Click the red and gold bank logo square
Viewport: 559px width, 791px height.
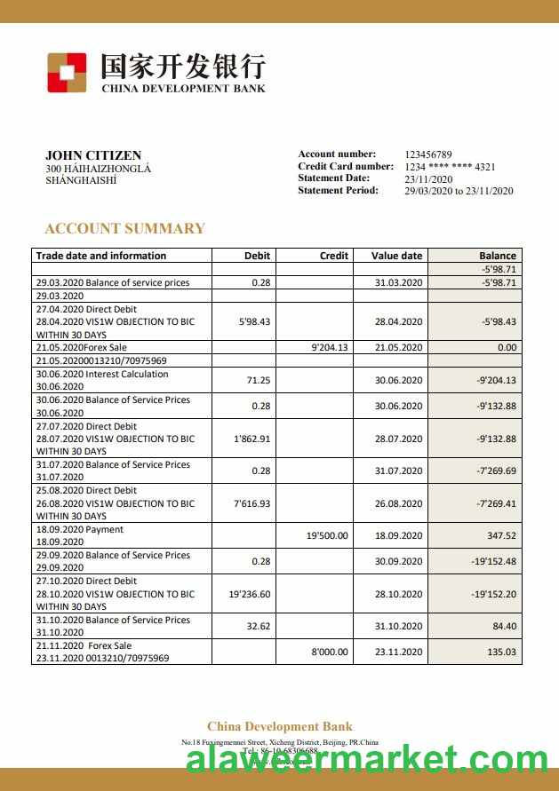(x=67, y=72)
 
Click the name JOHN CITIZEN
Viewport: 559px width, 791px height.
(x=93, y=155)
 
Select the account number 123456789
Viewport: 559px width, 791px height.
(x=428, y=154)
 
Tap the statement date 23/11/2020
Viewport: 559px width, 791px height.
(x=428, y=178)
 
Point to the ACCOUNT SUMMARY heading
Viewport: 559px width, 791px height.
(x=124, y=228)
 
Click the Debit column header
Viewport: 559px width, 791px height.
(x=257, y=256)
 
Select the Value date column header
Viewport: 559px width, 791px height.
(x=396, y=256)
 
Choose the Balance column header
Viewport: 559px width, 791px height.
(x=498, y=256)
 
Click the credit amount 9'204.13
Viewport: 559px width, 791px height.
(x=330, y=348)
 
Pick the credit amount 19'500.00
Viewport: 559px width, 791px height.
(x=328, y=535)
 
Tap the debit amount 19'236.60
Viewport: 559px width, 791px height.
(x=250, y=594)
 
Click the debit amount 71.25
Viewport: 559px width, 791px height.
(x=260, y=380)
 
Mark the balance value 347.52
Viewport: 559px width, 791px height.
(x=501, y=535)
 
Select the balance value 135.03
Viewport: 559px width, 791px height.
(x=501, y=652)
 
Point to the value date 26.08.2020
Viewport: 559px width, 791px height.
(x=398, y=503)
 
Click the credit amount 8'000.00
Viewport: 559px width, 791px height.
(x=330, y=652)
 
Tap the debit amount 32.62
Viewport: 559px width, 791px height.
(x=259, y=626)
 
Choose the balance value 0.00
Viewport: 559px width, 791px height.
(x=507, y=348)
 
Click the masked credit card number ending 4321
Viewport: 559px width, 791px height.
(x=450, y=167)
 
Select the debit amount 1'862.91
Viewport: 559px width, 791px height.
(x=252, y=439)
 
